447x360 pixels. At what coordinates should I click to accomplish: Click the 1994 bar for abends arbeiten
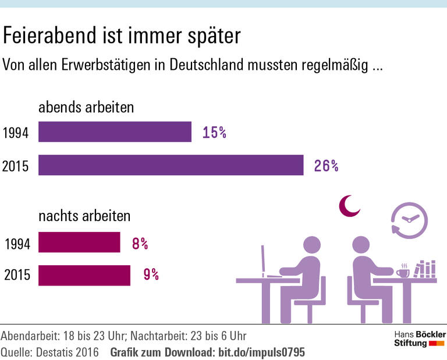point(115,131)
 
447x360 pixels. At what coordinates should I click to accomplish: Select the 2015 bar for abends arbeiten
point(171,165)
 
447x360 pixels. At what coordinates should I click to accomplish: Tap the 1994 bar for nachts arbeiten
point(79,243)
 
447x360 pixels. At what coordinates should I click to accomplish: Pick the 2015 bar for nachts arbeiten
point(84,275)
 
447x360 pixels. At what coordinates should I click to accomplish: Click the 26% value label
point(326,166)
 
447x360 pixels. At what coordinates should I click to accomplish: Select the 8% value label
point(140,243)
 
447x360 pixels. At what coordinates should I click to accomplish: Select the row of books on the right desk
point(425,269)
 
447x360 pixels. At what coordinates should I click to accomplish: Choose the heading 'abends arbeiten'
point(86,108)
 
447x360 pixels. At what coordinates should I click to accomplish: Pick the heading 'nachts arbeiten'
point(84,216)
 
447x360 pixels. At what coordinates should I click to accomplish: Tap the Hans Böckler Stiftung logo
point(420,339)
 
